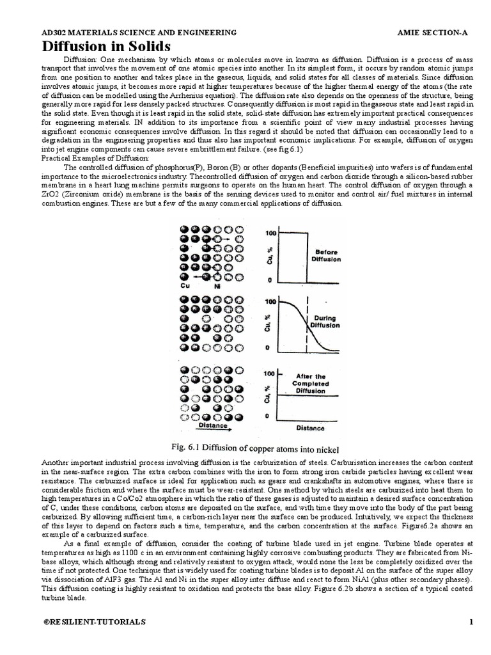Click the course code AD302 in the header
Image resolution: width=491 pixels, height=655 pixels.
point(54,32)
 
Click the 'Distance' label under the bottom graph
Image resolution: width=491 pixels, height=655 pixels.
point(309,428)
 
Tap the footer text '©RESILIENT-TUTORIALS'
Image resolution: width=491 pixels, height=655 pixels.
point(94,622)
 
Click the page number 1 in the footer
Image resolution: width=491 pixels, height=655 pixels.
point(471,622)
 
